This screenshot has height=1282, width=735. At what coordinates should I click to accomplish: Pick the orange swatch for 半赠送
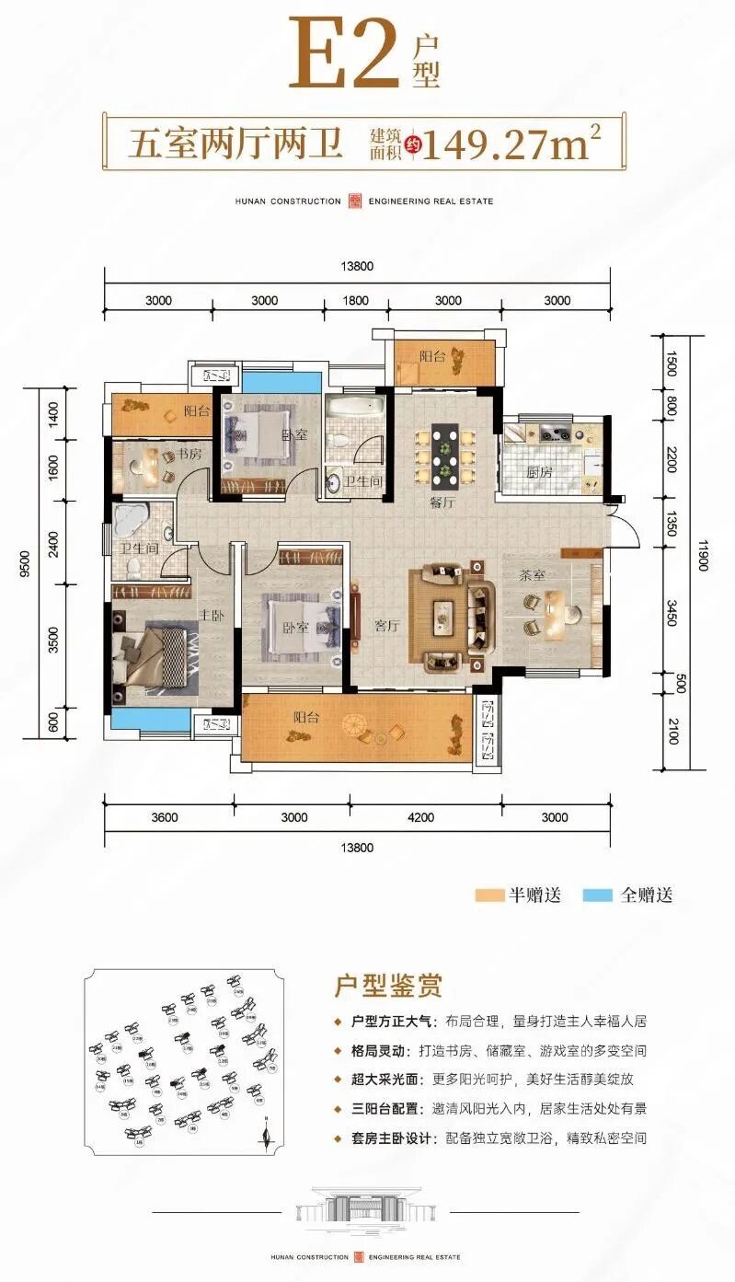pos(489,895)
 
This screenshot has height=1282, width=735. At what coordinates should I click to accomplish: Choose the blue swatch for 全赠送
pos(598,895)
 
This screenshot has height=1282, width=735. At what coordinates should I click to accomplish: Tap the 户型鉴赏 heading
pos(387,987)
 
